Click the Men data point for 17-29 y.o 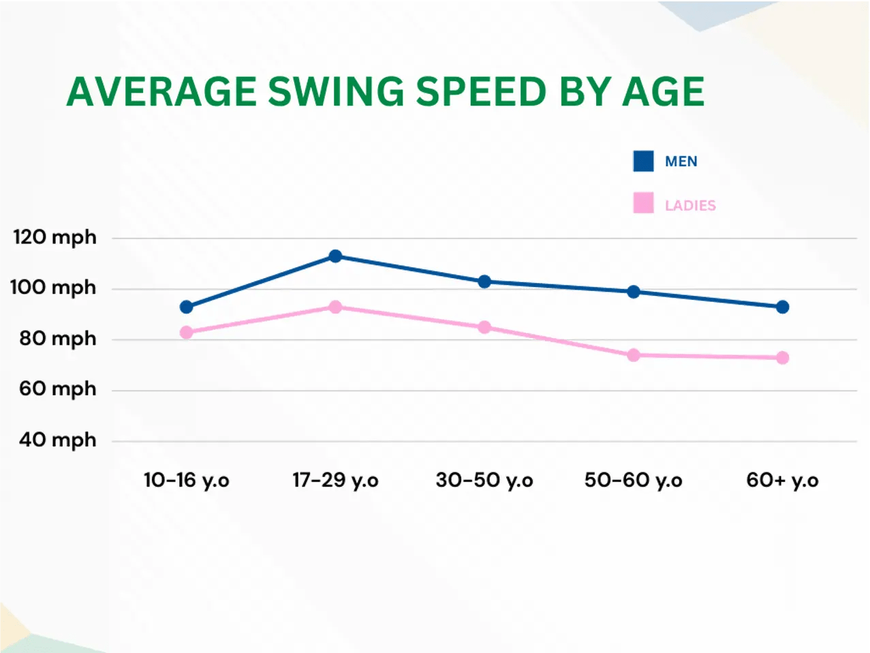tap(335, 256)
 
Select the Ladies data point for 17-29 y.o tap(335, 307)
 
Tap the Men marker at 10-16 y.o tap(186, 307)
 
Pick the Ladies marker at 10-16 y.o tap(186, 333)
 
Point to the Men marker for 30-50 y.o tap(484, 282)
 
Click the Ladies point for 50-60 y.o tap(634, 355)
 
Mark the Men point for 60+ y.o tap(782, 307)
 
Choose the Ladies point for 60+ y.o tap(782, 358)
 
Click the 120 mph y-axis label tap(55, 238)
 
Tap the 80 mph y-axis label tap(57, 339)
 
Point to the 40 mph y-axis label tap(57, 440)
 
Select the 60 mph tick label tap(57, 389)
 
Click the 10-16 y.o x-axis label tap(186, 481)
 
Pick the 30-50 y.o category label tap(484, 481)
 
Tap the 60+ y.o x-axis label tap(782, 481)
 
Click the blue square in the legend tap(643, 162)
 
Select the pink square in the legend tap(643, 204)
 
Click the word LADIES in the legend tap(690, 206)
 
